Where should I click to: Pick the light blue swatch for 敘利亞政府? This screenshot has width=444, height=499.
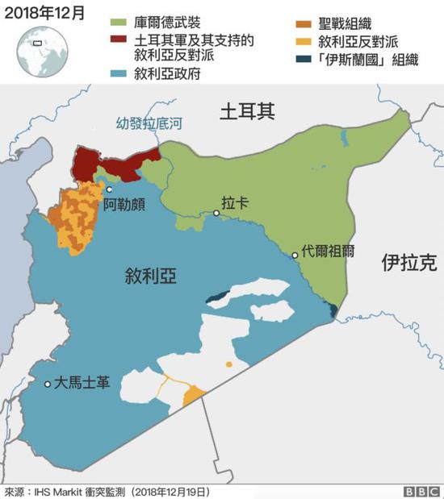119,74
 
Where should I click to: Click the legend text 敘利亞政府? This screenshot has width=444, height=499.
167,74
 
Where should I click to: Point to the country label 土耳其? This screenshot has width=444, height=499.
248,113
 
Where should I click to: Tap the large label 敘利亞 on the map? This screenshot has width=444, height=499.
151,277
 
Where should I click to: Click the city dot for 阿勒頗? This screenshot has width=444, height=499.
109,190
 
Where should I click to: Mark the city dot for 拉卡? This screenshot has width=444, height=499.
216,214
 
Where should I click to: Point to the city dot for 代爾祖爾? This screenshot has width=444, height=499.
295,255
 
